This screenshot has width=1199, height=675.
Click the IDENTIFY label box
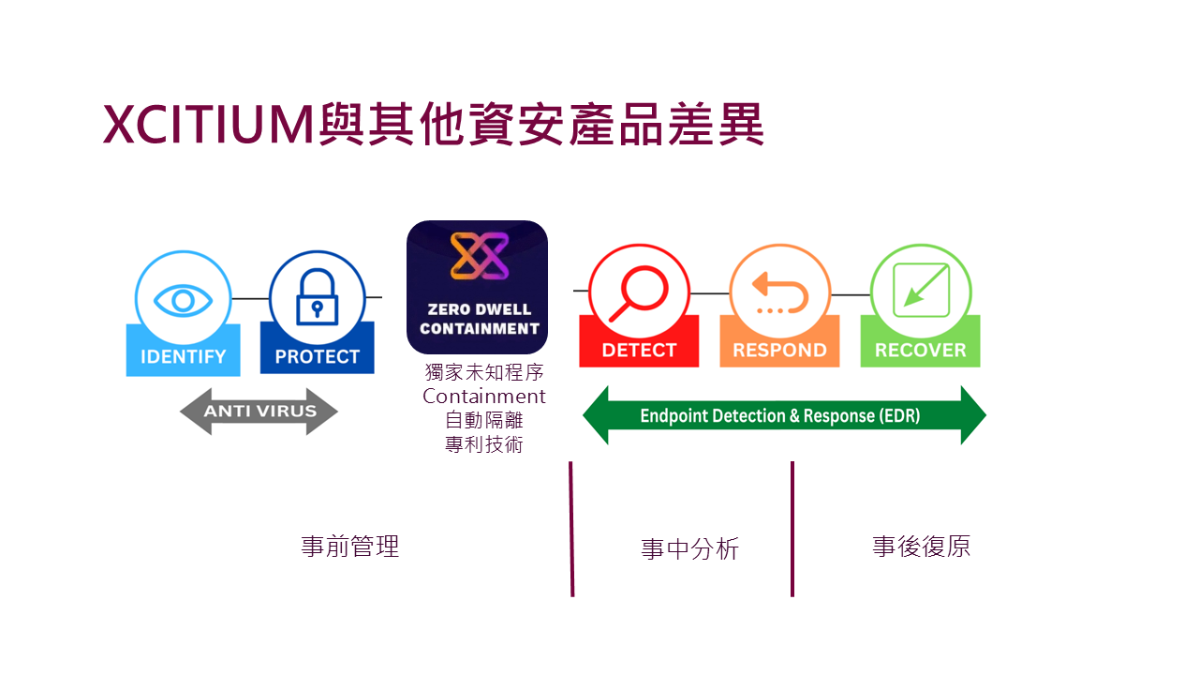coord(183,356)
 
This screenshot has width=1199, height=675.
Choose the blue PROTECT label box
coord(317,356)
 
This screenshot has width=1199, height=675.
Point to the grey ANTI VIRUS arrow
coord(259,412)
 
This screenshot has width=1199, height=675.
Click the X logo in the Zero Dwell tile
coord(478,256)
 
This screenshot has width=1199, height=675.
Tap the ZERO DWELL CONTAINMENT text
coord(479,319)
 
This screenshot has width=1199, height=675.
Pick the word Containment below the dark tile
coord(484,397)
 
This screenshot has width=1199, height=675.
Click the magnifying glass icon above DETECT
coord(639,292)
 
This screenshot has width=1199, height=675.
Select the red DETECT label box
coord(639,350)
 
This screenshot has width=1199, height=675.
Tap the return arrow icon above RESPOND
coord(780,292)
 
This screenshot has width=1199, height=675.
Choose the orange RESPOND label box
coord(779,350)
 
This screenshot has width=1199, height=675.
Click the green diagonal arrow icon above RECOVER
coord(921,288)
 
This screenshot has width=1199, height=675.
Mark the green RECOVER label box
coord(920,350)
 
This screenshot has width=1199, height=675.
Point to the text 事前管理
coord(350,547)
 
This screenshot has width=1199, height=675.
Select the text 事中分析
coord(689,549)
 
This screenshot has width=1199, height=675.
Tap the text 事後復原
coord(921,547)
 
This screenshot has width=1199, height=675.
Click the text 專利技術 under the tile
coord(484,444)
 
